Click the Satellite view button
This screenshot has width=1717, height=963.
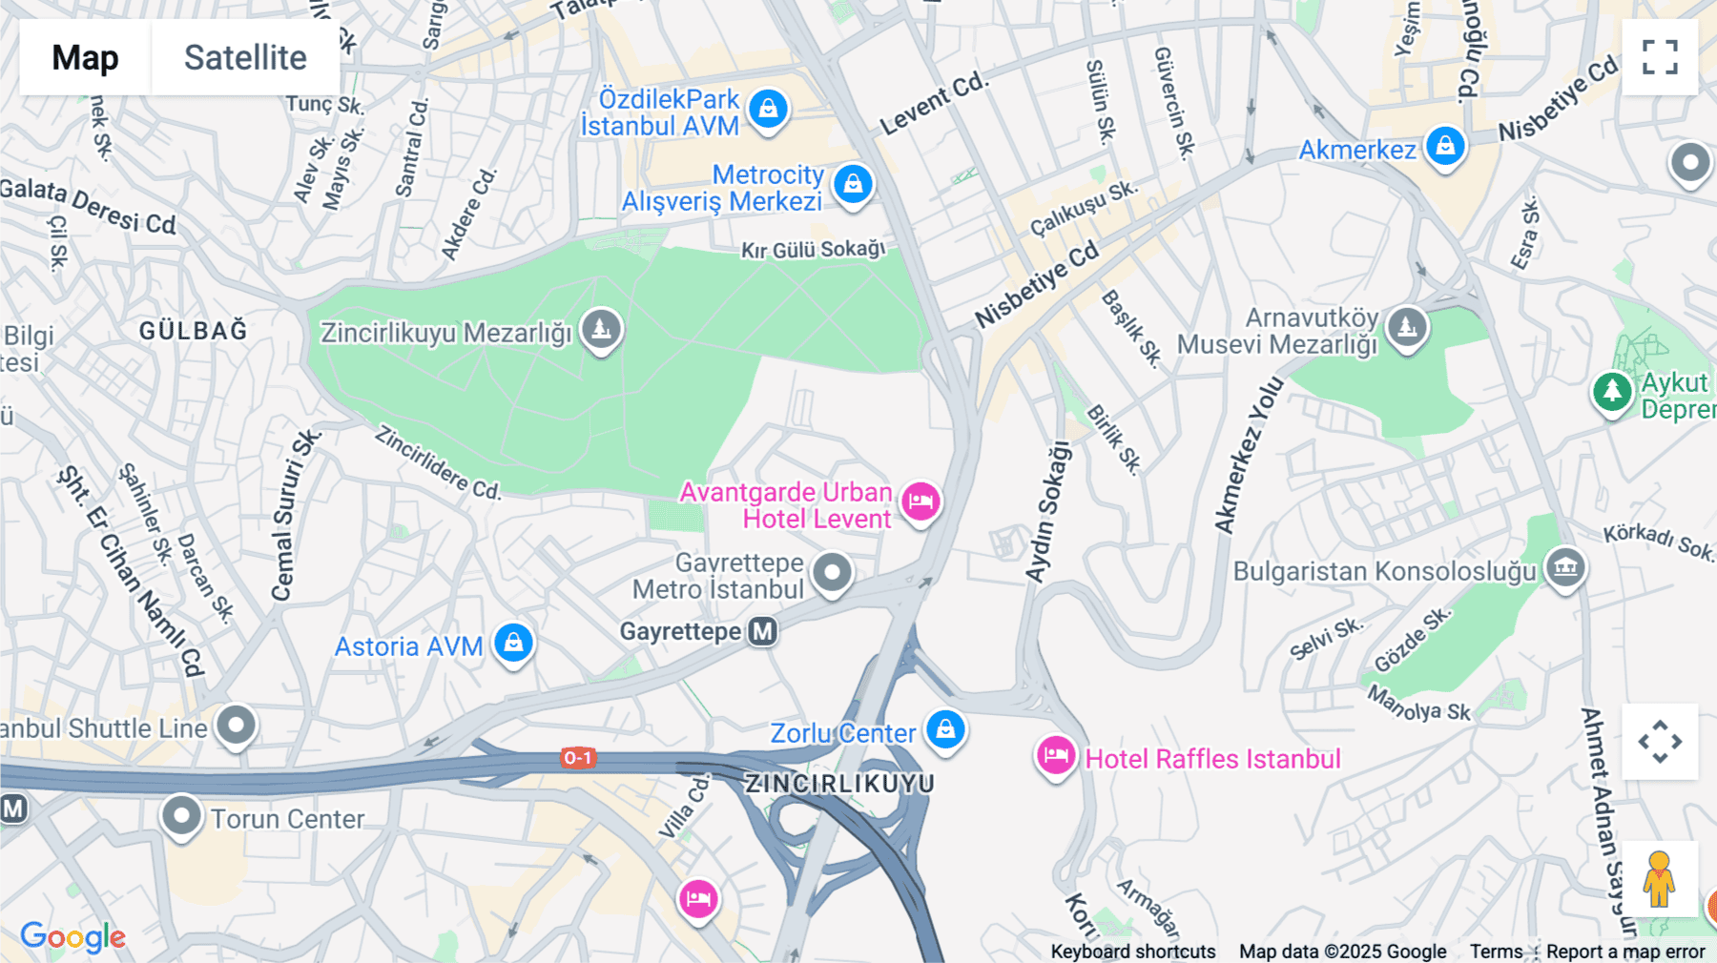click(x=245, y=57)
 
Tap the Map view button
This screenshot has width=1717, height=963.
click(x=85, y=57)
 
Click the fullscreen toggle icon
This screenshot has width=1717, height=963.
click(x=1660, y=57)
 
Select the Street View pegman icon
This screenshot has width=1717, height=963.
click(x=1659, y=879)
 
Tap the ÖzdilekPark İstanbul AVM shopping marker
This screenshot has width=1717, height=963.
click(x=768, y=109)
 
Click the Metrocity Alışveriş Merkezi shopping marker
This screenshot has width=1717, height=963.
click(x=853, y=183)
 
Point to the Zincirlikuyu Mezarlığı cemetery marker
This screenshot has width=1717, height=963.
click(x=601, y=330)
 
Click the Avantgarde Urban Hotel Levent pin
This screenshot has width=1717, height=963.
click(x=921, y=501)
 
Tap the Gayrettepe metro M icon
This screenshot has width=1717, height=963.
click(x=762, y=631)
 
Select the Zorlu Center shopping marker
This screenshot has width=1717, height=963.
click(x=945, y=730)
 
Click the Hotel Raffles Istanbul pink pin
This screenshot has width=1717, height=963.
click(x=1056, y=757)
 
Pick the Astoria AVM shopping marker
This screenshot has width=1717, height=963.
click(x=513, y=644)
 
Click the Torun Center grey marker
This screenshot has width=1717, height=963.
click(x=181, y=816)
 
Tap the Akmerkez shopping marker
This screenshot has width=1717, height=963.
click(x=1445, y=147)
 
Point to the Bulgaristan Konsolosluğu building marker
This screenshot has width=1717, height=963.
click(x=1565, y=568)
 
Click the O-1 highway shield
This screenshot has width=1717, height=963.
click(x=577, y=758)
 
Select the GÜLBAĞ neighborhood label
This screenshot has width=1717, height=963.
click(x=194, y=331)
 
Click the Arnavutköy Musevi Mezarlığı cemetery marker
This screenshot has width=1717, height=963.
click(x=1407, y=328)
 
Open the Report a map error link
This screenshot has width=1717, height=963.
click(x=1625, y=952)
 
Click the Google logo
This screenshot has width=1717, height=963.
click(x=72, y=936)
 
